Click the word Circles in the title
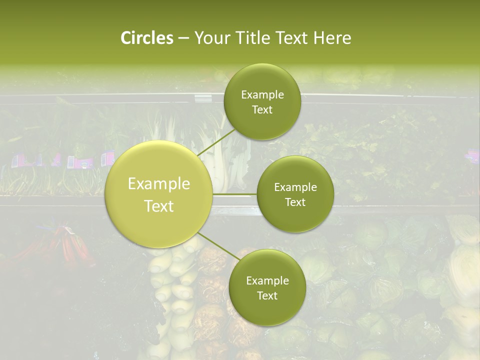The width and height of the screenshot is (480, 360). coord(146,38)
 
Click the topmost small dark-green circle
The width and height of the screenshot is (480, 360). coord(262,102)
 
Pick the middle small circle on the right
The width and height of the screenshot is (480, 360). coord(295,194)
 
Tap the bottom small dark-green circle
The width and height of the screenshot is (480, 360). coord(267,287)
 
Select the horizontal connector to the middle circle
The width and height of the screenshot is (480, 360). coord(235,193)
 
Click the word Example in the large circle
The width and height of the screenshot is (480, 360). coord(159,184)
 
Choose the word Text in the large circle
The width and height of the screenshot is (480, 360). coord(159,206)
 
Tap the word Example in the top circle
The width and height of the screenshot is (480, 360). coord(262,95)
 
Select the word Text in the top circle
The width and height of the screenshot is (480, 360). coord(262,110)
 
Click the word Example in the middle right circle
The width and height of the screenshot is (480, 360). coord(295,187)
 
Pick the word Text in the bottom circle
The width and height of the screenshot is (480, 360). coord(267,295)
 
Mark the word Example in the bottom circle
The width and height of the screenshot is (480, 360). coord(267,280)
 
